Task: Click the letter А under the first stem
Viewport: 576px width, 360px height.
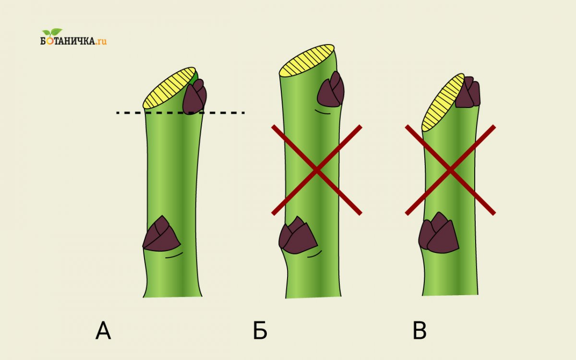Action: point(103,331)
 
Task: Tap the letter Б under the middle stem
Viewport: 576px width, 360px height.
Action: point(260,331)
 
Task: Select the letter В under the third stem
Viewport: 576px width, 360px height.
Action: point(420,331)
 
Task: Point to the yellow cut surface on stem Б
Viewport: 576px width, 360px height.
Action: point(306,60)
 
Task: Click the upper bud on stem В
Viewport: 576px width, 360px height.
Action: point(468,93)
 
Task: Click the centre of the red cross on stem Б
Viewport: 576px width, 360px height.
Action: point(316,169)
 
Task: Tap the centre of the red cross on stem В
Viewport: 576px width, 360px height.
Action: point(450,169)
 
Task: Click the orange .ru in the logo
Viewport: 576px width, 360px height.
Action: point(100,41)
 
